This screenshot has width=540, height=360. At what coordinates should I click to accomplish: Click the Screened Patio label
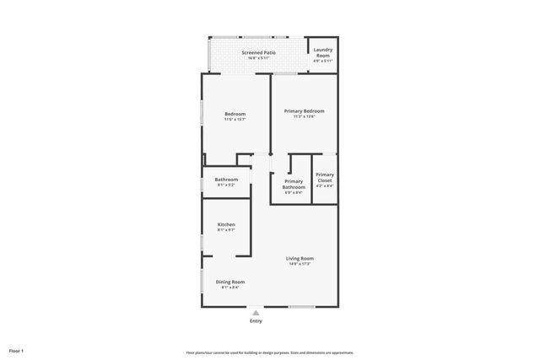pyautogui.click(x=258, y=52)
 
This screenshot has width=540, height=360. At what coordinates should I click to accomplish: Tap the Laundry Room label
pyautogui.click(x=323, y=52)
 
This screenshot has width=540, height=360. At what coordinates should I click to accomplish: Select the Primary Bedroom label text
pyautogui.click(x=304, y=111)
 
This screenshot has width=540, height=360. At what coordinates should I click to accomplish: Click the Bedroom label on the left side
pyautogui.click(x=235, y=114)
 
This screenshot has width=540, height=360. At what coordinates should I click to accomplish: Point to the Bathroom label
pyautogui.click(x=226, y=179)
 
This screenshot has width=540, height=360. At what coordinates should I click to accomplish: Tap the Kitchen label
pyautogui.click(x=226, y=224)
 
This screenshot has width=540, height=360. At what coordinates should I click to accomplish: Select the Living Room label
pyautogui.click(x=300, y=258)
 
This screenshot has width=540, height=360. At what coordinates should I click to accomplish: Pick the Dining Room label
pyautogui.click(x=230, y=282)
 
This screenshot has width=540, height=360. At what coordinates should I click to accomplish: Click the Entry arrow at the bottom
pyautogui.click(x=256, y=312)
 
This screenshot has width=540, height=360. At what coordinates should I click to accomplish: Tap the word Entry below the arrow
pyautogui.click(x=256, y=320)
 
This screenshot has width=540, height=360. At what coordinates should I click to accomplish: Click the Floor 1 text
pyautogui.click(x=16, y=350)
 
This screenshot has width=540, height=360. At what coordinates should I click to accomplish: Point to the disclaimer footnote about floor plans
pyautogui.click(x=269, y=352)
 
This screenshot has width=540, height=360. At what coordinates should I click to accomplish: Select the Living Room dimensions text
pyautogui.click(x=300, y=264)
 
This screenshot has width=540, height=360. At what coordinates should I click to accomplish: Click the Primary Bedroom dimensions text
pyautogui.click(x=304, y=117)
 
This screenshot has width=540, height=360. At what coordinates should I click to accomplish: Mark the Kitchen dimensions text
pyautogui.click(x=226, y=229)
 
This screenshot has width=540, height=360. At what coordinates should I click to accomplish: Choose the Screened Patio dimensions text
pyautogui.click(x=258, y=58)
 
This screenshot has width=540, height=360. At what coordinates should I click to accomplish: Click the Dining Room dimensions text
pyautogui.click(x=230, y=287)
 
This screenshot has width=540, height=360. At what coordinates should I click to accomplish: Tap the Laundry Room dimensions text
pyautogui.click(x=323, y=61)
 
